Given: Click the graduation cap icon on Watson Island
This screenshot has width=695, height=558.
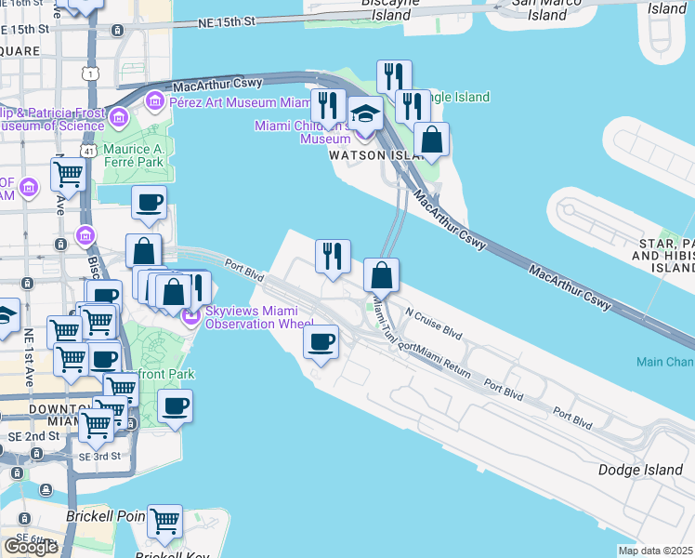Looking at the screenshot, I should (366, 114).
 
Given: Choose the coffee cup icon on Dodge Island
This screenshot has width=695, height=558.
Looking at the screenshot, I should (321, 342).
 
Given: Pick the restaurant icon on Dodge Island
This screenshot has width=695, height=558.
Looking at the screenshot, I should (333, 255).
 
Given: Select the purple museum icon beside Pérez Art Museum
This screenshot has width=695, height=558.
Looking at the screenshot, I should (153, 100).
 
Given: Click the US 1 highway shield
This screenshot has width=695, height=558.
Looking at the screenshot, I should (90, 72).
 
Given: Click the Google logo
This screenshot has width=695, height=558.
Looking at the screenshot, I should (31, 547).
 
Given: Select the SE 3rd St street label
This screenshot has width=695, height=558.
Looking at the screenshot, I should (99, 457).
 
